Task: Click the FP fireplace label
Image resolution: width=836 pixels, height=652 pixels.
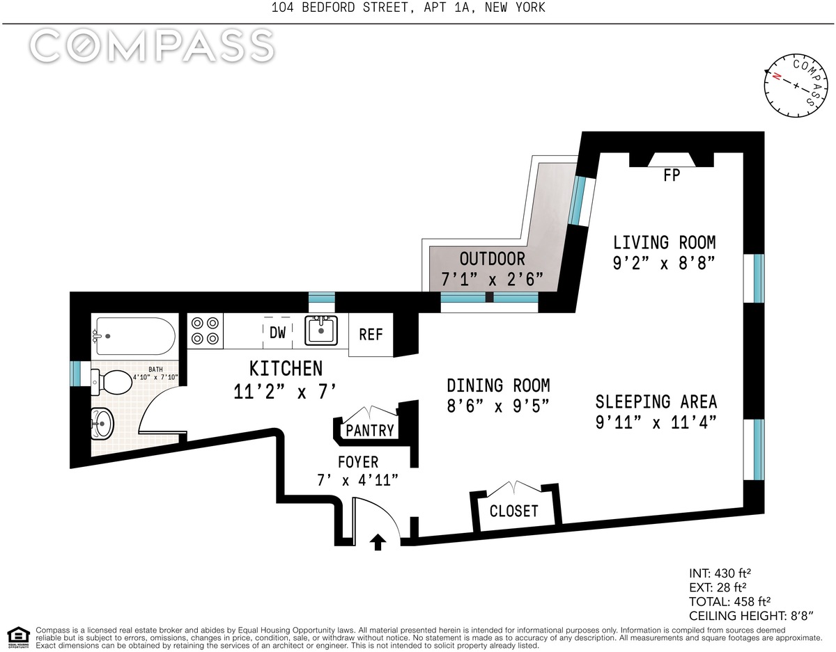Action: coord(672,175)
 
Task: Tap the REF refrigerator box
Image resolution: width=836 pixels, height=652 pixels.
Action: coord(371,335)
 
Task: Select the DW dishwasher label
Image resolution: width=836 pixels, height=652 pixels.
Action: coord(278,333)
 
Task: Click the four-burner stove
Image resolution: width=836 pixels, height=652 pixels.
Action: coord(205,331)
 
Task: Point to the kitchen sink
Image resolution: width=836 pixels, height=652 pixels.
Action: coord(321,330)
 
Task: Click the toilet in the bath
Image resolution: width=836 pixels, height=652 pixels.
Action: coord(111,382)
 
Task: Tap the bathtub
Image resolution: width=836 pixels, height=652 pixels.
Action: coord(135,336)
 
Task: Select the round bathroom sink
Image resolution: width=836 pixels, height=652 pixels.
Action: coord(102,424)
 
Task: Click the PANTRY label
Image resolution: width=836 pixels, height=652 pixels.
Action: coord(370,430)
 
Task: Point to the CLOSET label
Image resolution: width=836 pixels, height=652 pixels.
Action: coord(513,511)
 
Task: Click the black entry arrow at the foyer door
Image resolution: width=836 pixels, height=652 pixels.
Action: coord(378,542)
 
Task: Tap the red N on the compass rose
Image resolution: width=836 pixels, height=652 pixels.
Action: coord(776,77)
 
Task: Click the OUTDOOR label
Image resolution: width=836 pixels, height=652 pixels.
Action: coord(492,259)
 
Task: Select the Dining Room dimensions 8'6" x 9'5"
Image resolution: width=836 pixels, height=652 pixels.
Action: coord(498,406)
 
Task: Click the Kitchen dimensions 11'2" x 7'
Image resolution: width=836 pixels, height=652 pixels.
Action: coord(286,392)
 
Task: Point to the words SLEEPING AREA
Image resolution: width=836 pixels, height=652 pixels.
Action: coord(656,402)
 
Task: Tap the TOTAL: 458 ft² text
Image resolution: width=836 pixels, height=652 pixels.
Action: coord(729,601)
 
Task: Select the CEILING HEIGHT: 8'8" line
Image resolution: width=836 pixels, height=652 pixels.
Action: coord(751,616)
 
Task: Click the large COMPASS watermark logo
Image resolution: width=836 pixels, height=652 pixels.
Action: coord(152,46)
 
